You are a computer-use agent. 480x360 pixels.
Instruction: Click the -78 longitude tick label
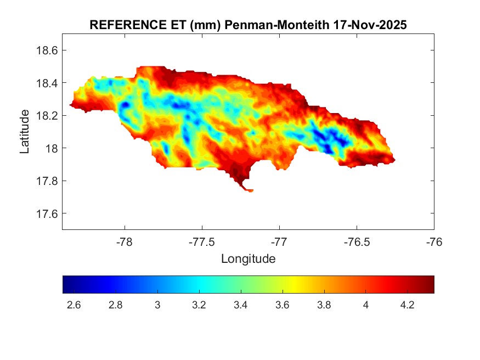click(x=125, y=242)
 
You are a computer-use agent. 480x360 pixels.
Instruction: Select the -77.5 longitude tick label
click(x=202, y=242)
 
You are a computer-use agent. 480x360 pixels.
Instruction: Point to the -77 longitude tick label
click(x=279, y=242)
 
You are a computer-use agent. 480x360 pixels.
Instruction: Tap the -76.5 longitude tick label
click(x=357, y=242)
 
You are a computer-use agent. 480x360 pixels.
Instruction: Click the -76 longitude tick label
click(x=434, y=242)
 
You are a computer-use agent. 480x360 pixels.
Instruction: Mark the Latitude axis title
click(x=25, y=132)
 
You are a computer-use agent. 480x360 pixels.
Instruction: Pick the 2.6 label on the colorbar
click(x=74, y=306)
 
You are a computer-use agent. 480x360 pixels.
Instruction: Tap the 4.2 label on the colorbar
click(x=407, y=306)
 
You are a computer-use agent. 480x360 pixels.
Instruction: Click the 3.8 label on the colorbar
click(x=324, y=306)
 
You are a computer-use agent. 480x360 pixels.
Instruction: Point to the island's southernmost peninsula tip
click(x=250, y=191)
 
